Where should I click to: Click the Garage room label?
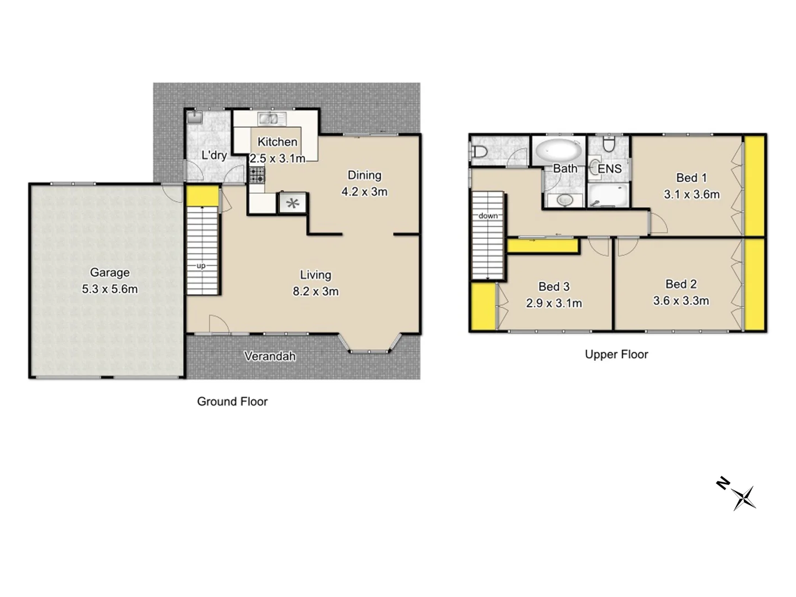(x=109, y=273)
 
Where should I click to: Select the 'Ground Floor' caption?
(x=232, y=402)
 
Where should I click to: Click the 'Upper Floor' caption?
(x=616, y=354)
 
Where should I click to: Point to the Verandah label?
(x=270, y=357)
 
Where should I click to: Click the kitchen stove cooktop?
(x=257, y=175)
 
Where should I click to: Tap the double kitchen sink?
(x=271, y=118)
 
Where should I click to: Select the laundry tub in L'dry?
(x=195, y=117)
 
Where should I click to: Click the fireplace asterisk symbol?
(x=292, y=204)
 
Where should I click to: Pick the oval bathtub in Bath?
(x=558, y=150)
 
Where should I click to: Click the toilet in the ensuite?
(x=609, y=145)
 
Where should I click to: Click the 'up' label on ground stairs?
(x=201, y=266)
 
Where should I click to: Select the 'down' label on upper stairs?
(x=488, y=216)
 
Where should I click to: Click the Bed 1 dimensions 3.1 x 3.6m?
(x=692, y=195)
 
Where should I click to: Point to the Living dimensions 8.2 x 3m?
(x=316, y=291)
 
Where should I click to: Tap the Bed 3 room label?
(x=554, y=286)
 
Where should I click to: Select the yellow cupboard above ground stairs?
(x=202, y=196)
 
